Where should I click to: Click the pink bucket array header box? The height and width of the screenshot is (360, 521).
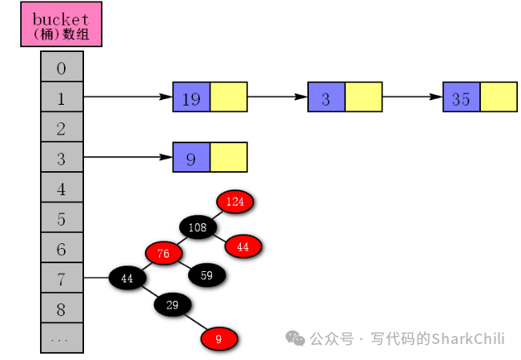point(62,25)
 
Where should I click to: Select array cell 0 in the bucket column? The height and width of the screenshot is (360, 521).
point(62,67)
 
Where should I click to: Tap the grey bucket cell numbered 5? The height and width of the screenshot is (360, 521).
point(62,218)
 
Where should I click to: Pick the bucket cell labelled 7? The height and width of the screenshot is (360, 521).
point(62,278)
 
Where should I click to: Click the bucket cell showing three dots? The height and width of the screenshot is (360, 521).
point(62,338)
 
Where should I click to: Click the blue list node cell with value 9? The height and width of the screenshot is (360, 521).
point(191,158)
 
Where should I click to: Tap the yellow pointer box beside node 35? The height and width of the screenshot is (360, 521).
point(499,98)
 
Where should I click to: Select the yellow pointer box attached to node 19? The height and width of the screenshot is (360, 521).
point(229,98)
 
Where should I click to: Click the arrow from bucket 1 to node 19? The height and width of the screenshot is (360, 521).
point(128,98)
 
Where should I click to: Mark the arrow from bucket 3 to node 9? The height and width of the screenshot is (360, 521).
point(128,158)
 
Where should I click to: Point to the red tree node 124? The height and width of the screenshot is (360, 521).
point(234,201)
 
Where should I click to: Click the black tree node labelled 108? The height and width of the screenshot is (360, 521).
point(198,228)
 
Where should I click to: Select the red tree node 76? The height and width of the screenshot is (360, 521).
point(163,254)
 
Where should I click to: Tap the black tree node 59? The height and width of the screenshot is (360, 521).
point(206,276)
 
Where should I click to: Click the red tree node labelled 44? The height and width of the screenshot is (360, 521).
point(243,247)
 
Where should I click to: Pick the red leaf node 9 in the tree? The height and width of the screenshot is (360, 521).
point(218,339)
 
